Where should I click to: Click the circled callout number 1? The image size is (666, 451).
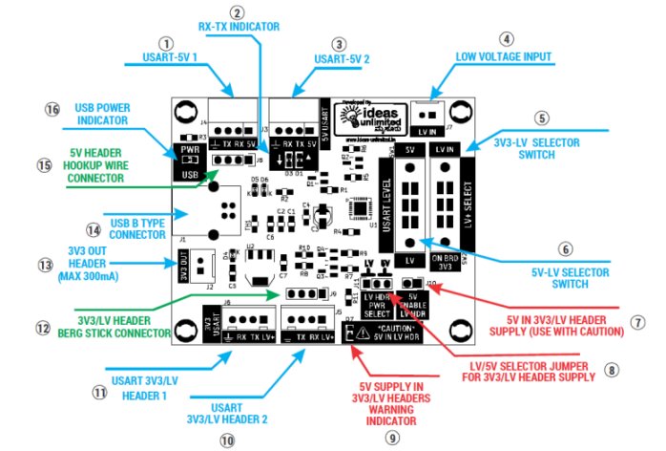point(169,43)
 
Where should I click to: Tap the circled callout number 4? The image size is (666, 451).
point(507,39)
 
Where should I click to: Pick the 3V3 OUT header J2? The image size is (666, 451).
point(198,261)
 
